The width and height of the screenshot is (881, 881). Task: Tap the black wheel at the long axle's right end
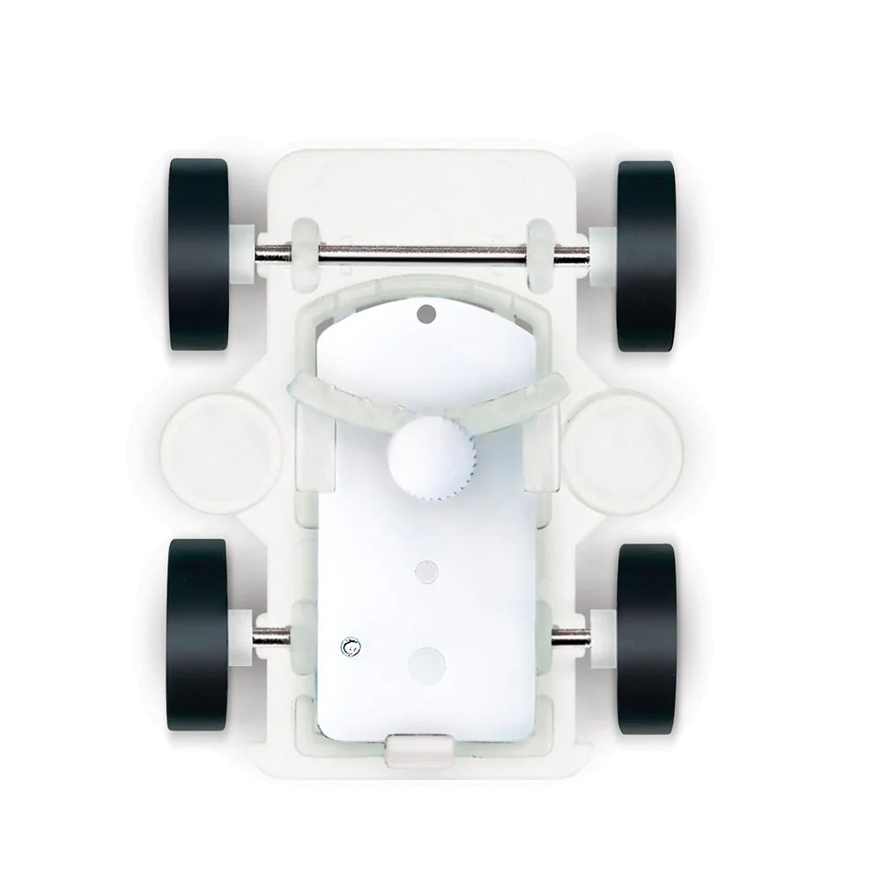(647, 255)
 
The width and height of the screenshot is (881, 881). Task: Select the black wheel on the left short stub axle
(198, 636)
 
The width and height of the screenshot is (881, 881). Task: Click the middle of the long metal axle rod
(423, 255)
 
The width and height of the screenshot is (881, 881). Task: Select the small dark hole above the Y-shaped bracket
(427, 312)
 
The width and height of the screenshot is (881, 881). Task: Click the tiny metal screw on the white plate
(350, 649)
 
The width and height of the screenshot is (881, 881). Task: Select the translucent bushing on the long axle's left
(303, 255)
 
